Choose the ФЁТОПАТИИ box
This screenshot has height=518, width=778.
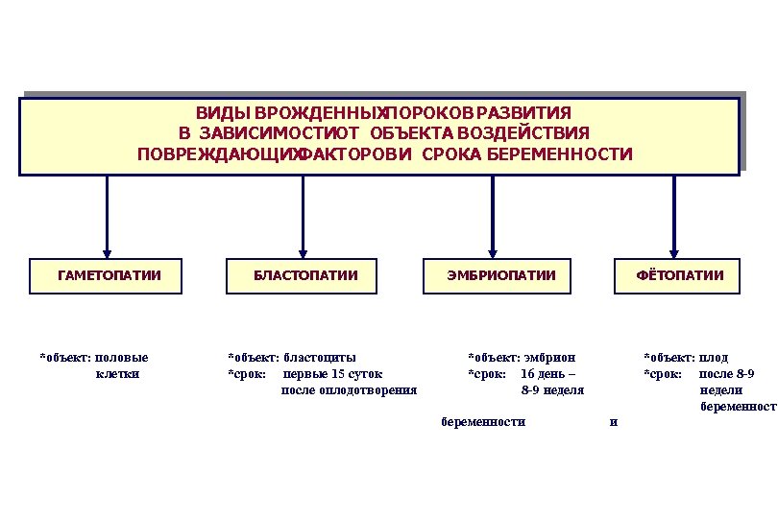pyautogui.click(x=677, y=276)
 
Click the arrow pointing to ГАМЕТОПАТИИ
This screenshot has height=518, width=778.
pyautogui.click(x=106, y=216)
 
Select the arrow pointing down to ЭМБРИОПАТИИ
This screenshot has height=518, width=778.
pyautogui.click(x=493, y=216)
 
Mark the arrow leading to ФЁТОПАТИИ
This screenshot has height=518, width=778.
pyautogui.click(x=674, y=216)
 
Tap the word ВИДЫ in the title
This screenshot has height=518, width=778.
pyautogui.click(x=218, y=112)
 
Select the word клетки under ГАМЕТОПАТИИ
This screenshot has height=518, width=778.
pyautogui.click(x=118, y=374)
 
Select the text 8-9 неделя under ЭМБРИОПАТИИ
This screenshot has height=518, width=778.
pyautogui.click(x=552, y=390)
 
